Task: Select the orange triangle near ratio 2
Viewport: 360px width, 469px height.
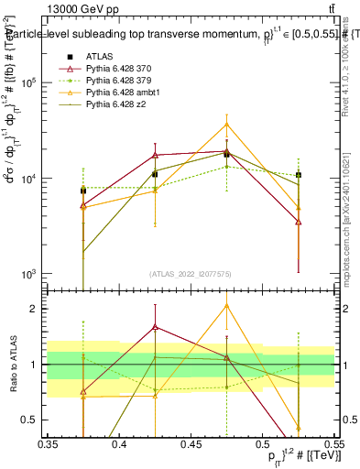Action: tap(226, 306)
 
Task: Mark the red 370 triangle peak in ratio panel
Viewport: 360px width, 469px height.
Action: tap(155, 326)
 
